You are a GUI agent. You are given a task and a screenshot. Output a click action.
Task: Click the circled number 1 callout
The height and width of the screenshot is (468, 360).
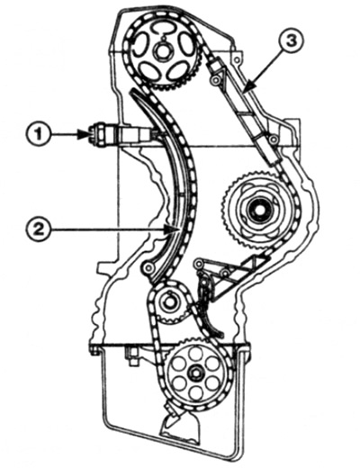tap(38, 135)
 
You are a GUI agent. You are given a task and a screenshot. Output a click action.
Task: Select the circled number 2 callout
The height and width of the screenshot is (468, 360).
tap(38, 230)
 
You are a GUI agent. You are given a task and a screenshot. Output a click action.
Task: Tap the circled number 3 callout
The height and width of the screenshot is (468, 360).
tap(291, 41)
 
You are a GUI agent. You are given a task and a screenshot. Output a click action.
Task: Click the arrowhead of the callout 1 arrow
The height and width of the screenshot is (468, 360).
tap(85, 135)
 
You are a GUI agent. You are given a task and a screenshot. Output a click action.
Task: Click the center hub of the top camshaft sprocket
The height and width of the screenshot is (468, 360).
tap(164, 51)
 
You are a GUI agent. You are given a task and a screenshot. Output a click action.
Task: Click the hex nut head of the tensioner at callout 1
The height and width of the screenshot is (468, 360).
tap(94, 135)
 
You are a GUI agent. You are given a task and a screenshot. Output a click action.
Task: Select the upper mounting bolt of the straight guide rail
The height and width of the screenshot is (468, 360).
tap(215, 79)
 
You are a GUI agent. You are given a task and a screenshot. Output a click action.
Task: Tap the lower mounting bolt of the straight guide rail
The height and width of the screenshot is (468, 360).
tap(273, 139)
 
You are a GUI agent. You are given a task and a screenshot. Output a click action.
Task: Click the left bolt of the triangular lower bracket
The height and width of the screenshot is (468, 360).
tap(198, 264)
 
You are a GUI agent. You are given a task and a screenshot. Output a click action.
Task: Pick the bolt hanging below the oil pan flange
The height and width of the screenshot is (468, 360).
tap(131, 357)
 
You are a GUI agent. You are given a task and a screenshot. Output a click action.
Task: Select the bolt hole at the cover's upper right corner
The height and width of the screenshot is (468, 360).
tap(238, 59)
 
